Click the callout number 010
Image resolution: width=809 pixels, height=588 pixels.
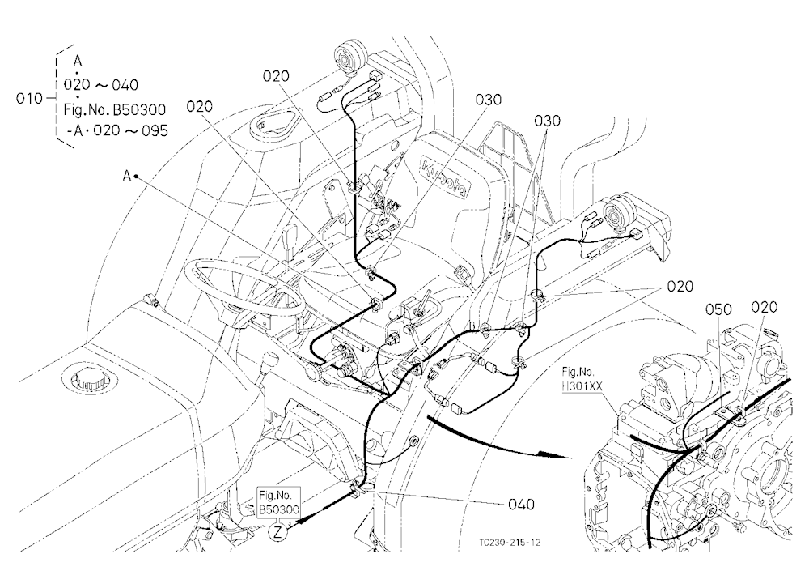click(x=29, y=98)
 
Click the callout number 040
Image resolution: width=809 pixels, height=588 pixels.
click(x=521, y=504)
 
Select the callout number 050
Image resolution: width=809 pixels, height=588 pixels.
click(x=718, y=309)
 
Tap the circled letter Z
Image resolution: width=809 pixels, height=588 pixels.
click(x=278, y=531)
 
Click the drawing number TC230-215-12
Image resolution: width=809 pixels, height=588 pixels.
click(x=509, y=543)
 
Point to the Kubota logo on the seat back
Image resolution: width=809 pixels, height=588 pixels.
click(x=445, y=177)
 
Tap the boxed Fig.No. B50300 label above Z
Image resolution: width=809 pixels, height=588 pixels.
click(x=278, y=501)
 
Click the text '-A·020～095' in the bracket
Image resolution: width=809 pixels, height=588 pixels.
click(x=117, y=130)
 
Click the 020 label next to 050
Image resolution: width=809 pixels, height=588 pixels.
click(x=764, y=308)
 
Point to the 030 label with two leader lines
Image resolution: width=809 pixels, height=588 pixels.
click(x=547, y=121)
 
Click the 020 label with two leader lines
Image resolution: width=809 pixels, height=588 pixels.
click(x=680, y=286)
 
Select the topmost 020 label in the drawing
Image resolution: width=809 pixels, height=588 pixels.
click(x=276, y=76)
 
